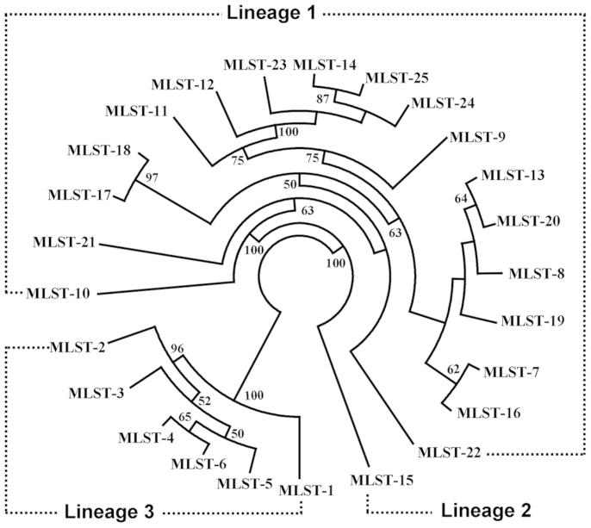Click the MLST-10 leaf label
point(61,293)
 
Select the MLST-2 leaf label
point(78,348)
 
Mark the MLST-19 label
point(532,321)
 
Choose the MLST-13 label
point(512,176)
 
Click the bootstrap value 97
point(153,177)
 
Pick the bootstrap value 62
point(454,370)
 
